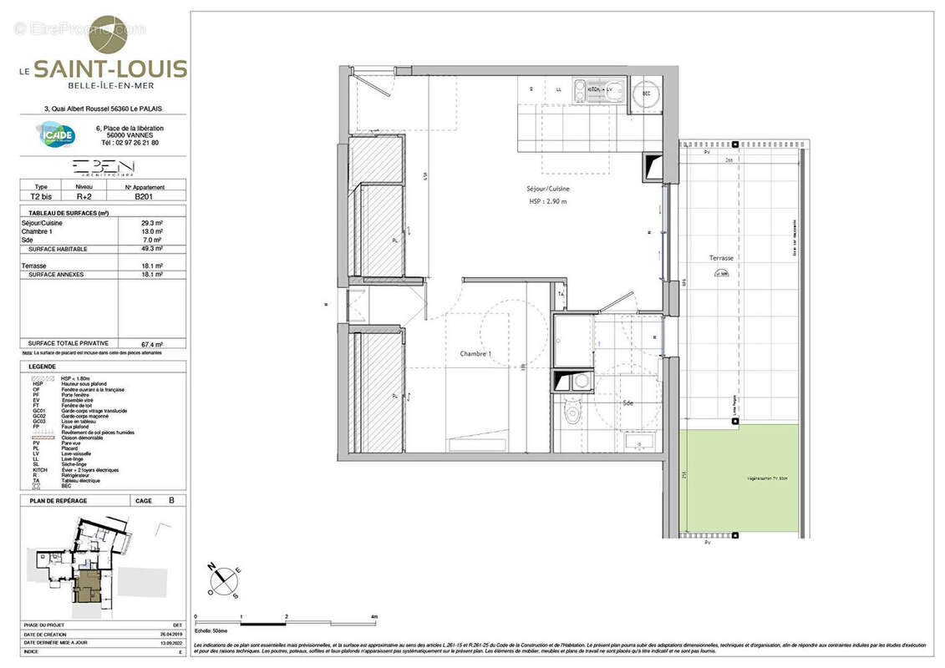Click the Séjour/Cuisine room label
click(x=547, y=189)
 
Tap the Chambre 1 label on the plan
click(x=475, y=354)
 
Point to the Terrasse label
click(x=721, y=259)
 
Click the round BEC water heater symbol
click(x=645, y=94)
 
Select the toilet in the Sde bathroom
click(x=572, y=412)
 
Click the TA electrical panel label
click(x=561, y=295)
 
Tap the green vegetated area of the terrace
click(x=739, y=479)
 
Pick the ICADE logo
click(x=56, y=134)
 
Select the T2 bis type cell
click(x=40, y=196)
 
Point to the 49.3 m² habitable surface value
click(x=152, y=249)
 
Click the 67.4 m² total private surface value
click(x=152, y=343)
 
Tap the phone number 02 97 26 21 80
click(x=130, y=143)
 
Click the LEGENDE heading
click(x=43, y=367)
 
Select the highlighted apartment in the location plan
click(x=86, y=584)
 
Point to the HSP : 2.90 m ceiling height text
click(x=548, y=201)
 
